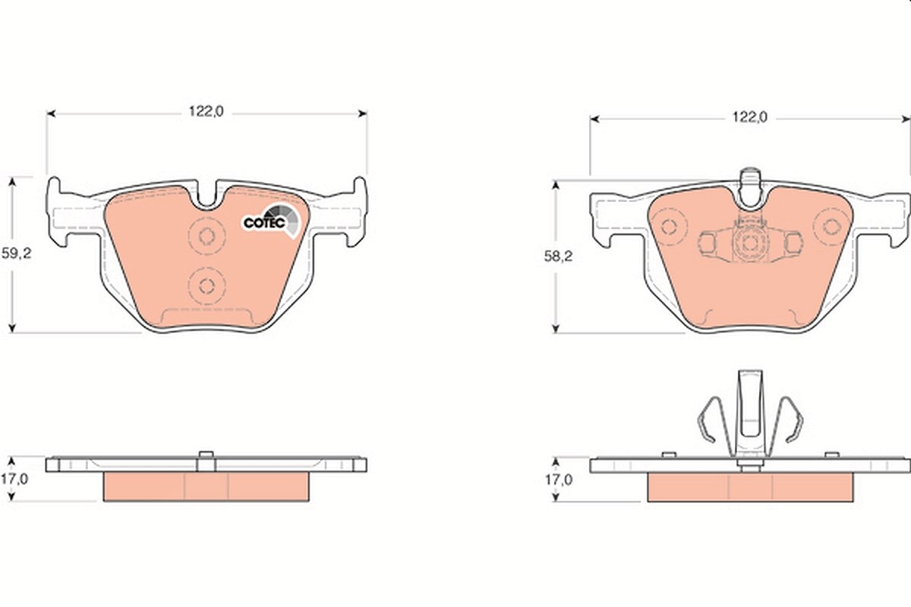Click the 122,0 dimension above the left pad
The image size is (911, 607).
206,112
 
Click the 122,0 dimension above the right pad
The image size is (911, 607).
749,117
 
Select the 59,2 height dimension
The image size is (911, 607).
16,253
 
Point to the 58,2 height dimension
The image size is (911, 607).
559,256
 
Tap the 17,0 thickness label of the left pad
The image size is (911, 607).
14,479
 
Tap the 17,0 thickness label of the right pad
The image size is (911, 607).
559,480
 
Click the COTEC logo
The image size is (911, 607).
271,221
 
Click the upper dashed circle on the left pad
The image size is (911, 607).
206,236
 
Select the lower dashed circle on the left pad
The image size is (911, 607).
206,286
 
